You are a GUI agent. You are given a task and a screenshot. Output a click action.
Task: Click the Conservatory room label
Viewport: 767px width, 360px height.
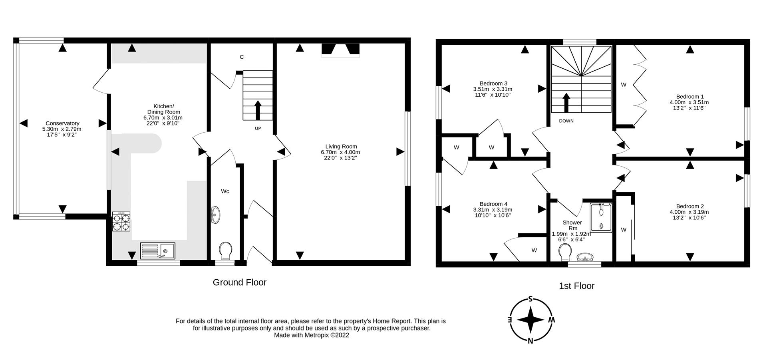(x=62, y=123)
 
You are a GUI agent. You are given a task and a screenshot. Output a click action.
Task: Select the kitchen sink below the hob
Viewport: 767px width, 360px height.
(x=158, y=251)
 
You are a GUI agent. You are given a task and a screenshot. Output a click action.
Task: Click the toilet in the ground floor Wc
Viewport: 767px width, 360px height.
(x=226, y=250)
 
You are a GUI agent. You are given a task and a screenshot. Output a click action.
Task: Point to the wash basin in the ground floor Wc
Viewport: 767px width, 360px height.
(x=215, y=215)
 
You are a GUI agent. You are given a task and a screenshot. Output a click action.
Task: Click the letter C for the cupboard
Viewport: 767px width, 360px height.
(x=242, y=57)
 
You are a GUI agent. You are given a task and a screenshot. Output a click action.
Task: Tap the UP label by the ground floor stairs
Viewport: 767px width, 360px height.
(x=258, y=129)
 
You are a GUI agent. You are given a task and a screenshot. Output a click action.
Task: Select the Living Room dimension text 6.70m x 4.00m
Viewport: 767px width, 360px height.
(x=340, y=152)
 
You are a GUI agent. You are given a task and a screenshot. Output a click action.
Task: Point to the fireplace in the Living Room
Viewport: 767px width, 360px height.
(x=340, y=50)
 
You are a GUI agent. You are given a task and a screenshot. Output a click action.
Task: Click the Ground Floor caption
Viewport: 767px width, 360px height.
(x=239, y=282)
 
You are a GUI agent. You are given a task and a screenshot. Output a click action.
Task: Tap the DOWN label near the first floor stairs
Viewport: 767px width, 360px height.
(x=566, y=121)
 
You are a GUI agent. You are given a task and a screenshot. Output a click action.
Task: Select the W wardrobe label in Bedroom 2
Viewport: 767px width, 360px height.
(x=624, y=230)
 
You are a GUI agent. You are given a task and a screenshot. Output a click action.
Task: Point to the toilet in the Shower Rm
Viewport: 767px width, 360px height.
(x=565, y=252)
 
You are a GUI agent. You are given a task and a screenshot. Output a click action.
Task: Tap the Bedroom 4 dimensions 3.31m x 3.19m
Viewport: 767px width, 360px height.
(x=493, y=210)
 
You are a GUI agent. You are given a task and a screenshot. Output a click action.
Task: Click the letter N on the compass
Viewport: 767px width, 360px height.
(x=531, y=341)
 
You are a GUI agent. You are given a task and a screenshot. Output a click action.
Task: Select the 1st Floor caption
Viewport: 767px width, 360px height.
(x=576, y=286)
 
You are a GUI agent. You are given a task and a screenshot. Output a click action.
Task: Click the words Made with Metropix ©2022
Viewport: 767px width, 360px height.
(x=311, y=336)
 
